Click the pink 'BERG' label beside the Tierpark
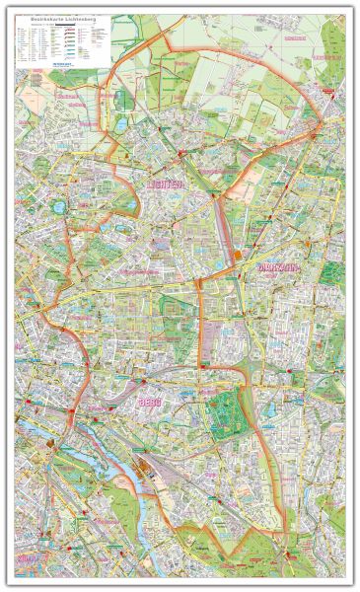pyautogui.click(x=151, y=403)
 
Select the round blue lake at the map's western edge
pyautogui.click(x=59, y=207)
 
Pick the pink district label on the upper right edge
pyautogui.click(x=325, y=57)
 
